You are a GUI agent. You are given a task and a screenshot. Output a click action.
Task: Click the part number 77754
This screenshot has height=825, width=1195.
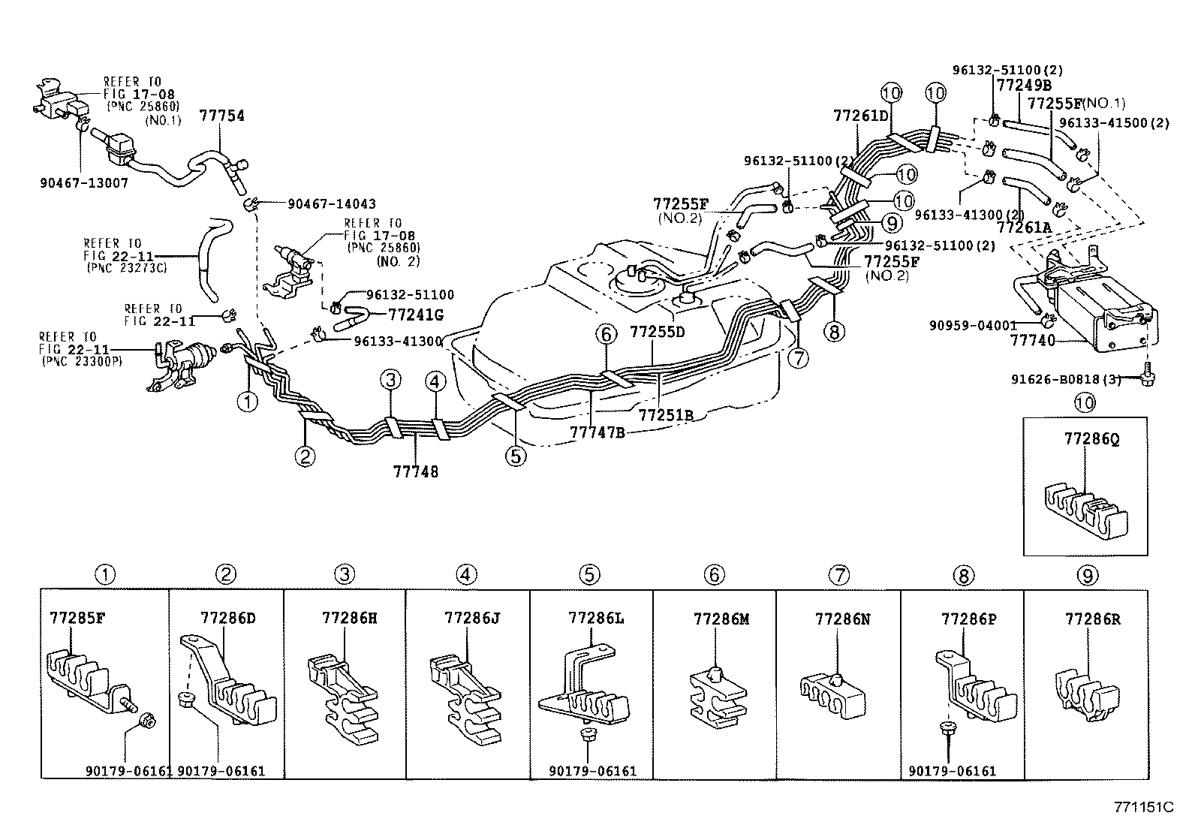(x=221, y=116)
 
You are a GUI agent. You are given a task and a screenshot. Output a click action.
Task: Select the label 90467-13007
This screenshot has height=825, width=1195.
(x=84, y=182)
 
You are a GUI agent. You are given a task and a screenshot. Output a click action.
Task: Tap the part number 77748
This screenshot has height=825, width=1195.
(x=415, y=471)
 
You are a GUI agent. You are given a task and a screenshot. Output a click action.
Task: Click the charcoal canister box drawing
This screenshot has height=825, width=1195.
(x=1103, y=308)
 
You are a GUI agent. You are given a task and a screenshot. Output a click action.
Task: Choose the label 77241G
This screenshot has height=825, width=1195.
(x=415, y=315)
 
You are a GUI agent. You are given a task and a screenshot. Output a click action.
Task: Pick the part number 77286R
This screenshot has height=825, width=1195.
(x=1092, y=619)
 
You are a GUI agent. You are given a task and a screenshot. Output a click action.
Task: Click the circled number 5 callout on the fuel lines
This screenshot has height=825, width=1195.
(x=516, y=456)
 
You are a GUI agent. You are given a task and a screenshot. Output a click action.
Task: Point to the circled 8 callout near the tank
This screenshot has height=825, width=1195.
(x=833, y=330)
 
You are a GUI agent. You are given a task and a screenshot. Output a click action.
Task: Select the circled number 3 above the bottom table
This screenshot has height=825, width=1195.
(x=344, y=575)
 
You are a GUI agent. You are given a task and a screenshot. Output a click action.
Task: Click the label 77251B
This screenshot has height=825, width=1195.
(x=665, y=414)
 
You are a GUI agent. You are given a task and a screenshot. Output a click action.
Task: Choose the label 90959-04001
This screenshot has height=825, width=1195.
(x=972, y=325)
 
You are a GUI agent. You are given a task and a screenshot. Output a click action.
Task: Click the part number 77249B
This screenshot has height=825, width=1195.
(x=1025, y=85)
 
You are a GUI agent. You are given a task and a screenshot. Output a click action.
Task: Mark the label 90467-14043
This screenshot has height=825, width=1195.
(x=331, y=203)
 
